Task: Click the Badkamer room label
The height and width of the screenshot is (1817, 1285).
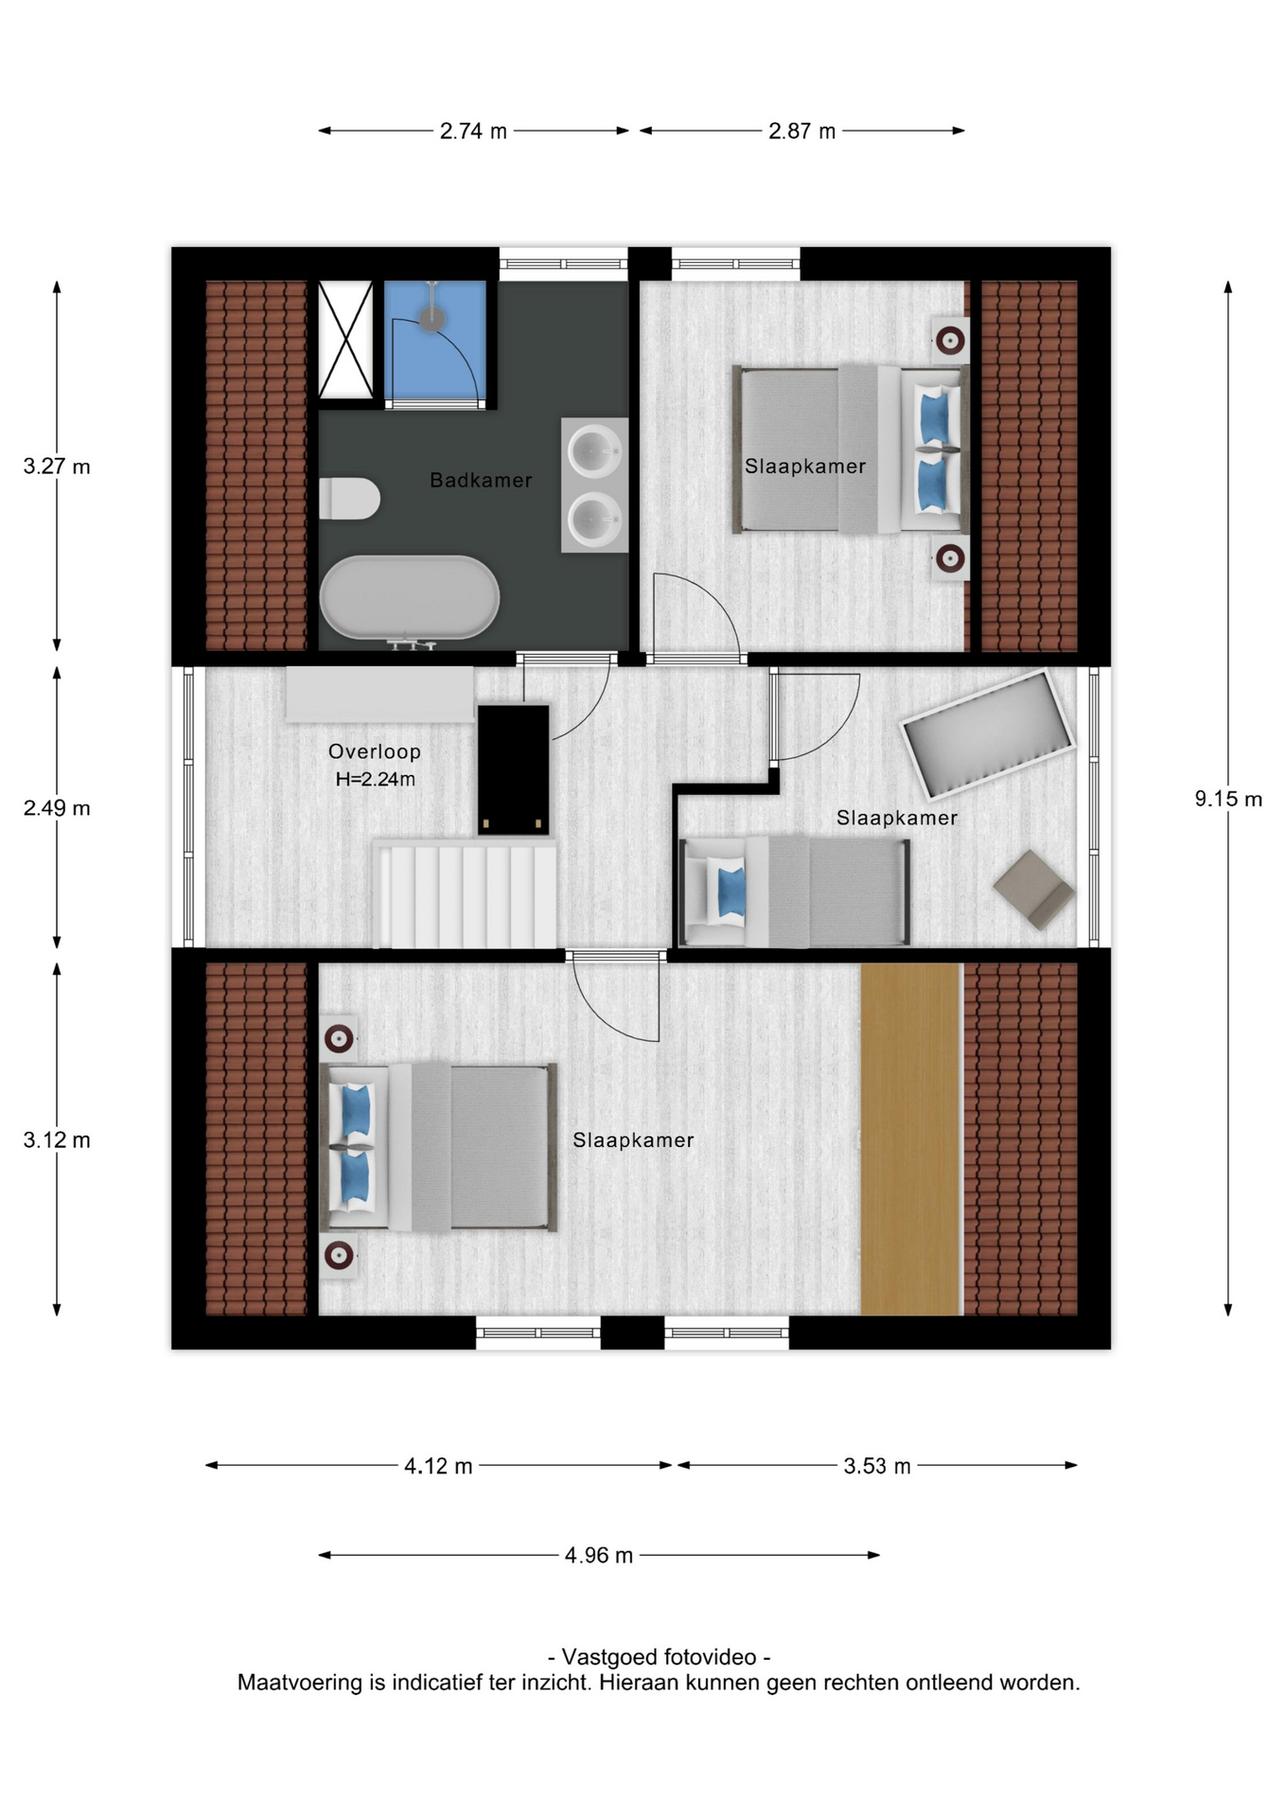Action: pyautogui.click(x=481, y=480)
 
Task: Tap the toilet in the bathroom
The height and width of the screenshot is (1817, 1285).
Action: pyautogui.click(x=349, y=499)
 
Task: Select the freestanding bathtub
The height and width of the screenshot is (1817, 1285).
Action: pyautogui.click(x=409, y=597)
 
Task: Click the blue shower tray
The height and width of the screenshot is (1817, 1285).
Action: pyautogui.click(x=434, y=340)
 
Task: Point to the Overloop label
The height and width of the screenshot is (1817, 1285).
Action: pyautogui.click(x=375, y=751)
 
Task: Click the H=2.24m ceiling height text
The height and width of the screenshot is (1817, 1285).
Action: pyautogui.click(x=376, y=780)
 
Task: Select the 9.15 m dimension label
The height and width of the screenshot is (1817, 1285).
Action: pyautogui.click(x=1228, y=799)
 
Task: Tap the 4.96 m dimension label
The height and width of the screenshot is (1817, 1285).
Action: pyautogui.click(x=599, y=1556)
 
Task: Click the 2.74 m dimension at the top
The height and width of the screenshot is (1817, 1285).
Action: pyautogui.click(x=473, y=132)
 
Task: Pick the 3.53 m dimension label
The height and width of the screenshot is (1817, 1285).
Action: pyautogui.click(x=877, y=1467)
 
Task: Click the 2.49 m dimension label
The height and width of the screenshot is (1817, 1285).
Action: pyautogui.click(x=57, y=808)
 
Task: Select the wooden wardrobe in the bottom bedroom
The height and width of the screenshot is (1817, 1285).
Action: pyautogui.click(x=910, y=1139)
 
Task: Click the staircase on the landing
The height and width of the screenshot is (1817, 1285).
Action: pyautogui.click(x=465, y=894)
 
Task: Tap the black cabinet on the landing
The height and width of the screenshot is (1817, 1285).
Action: pyautogui.click(x=514, y=769)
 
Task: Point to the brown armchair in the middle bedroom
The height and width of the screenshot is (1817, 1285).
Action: pyautogui.click(x=1033, y=889)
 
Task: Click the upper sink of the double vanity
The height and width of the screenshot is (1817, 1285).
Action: pyautogui.click(x=594, y=451)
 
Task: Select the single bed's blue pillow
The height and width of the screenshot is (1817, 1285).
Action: pyautogui.click(x=731, y=892)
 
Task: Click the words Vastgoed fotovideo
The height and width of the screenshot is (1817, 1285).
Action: pyautogui.click(x=660, y=1657)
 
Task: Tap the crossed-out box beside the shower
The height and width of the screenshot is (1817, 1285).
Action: pyautogui.click(x=345, y=340)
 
